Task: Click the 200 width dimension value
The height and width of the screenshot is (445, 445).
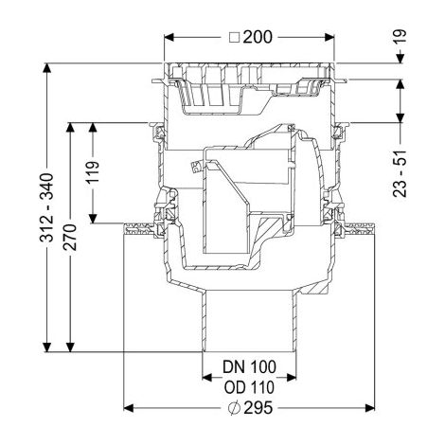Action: click(x=258, y=37)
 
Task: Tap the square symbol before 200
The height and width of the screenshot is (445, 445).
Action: click(x=235, y=38)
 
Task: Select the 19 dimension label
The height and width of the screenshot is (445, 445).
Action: click(x=400, y=38)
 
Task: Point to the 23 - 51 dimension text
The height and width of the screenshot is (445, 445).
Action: click(x=400, y=174)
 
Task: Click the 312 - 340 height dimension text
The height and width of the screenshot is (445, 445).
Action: click(x=46, y=207)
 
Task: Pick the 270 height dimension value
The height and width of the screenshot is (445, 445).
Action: click(x=70, y=237)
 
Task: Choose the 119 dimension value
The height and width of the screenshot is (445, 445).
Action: click(x=93, y=171)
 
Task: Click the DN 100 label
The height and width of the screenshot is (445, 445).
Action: click(x=249, y=366)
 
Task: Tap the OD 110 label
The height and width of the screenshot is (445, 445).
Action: click(x=249, y=387)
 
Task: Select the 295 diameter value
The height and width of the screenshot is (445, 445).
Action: click(x=258, y=408)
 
